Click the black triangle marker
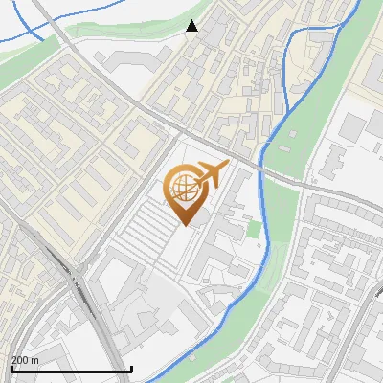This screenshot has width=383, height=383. [192, 26]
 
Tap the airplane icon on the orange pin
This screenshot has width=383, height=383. [211, 174]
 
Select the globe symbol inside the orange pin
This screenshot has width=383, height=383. [182, 191]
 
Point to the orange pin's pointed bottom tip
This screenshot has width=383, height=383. [184, 225]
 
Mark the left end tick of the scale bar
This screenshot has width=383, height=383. [11, 368]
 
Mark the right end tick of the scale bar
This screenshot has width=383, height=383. [131, 368]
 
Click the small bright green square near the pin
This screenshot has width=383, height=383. [253, 230]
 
